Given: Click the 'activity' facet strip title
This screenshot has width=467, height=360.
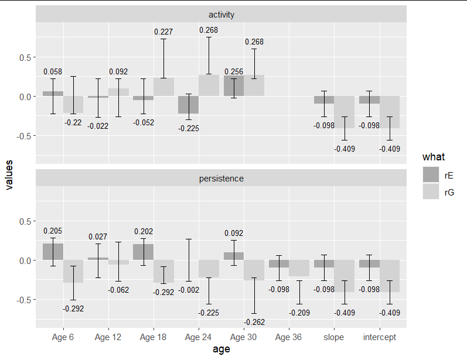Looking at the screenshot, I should click(x=221, y=14).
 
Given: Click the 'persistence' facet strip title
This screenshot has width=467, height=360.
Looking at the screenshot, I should click(x=221, y=178).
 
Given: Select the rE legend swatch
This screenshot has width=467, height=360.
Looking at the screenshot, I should click(x=432, y=174).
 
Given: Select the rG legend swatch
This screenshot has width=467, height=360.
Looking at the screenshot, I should click(x=432, y=191).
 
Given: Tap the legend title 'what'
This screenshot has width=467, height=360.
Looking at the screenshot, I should click(x=433, y=157).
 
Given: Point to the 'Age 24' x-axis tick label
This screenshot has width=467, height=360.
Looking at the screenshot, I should click(x=198, y=337).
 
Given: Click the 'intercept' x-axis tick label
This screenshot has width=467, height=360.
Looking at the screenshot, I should click(x=379, y=337).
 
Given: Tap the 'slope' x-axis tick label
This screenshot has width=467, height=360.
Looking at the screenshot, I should click(x=333, y=337).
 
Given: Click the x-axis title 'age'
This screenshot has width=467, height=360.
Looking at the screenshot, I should click(x=221, y=349).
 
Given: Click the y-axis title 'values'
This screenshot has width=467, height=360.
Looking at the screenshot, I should click(x=8, y=176).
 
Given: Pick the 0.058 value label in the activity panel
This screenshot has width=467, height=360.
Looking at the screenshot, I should click(x=53, y=71).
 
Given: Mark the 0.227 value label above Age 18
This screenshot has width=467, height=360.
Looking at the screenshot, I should click(x=163, y=32).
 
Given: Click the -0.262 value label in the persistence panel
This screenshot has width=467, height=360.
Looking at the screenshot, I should click(x=254, y=321).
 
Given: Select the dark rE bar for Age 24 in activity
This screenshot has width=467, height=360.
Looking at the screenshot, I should click(x=188, y=105).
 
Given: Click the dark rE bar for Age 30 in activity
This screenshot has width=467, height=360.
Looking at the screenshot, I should click(x=233, y=86).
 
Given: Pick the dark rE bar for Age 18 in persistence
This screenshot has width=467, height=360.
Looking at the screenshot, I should click(x=143, y=252).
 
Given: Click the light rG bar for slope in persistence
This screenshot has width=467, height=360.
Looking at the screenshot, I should click(x=344, y=276).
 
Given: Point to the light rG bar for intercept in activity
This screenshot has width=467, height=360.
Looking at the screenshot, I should click(x=389, y=112).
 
